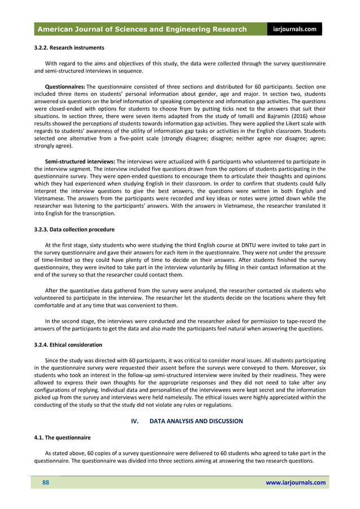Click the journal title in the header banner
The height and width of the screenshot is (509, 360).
click(142, 29)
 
